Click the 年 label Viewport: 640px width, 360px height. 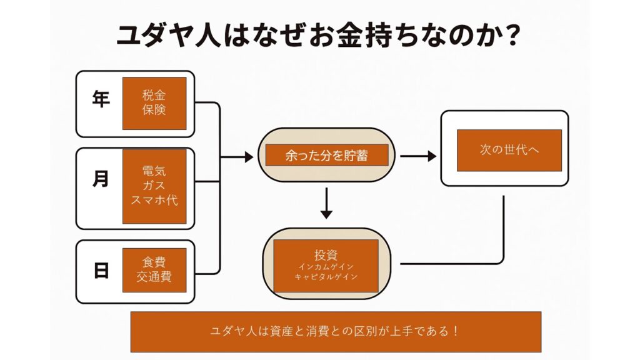tap(101, 100)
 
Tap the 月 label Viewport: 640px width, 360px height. tap(101, 179)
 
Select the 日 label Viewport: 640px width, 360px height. tap(101, 271)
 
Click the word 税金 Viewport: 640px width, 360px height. tap(154, 96)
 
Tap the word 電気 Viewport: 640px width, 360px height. tap(154, 171)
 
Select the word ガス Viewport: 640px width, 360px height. tap(154, 186)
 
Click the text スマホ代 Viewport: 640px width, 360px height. tap(154, 201)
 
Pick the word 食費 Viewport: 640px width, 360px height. tap(154, 261)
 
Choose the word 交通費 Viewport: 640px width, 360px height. tap(154, 276)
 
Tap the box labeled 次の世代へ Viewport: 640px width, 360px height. tap(509, 150)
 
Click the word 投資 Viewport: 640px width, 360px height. tap(326, 255)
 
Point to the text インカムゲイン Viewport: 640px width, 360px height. tap(326, 267)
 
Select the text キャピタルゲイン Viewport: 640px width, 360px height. tap(326, 277)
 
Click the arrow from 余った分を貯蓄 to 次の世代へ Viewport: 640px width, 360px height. tap(418, 156)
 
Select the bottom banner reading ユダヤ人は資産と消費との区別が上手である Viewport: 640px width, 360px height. tap(336, 331)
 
